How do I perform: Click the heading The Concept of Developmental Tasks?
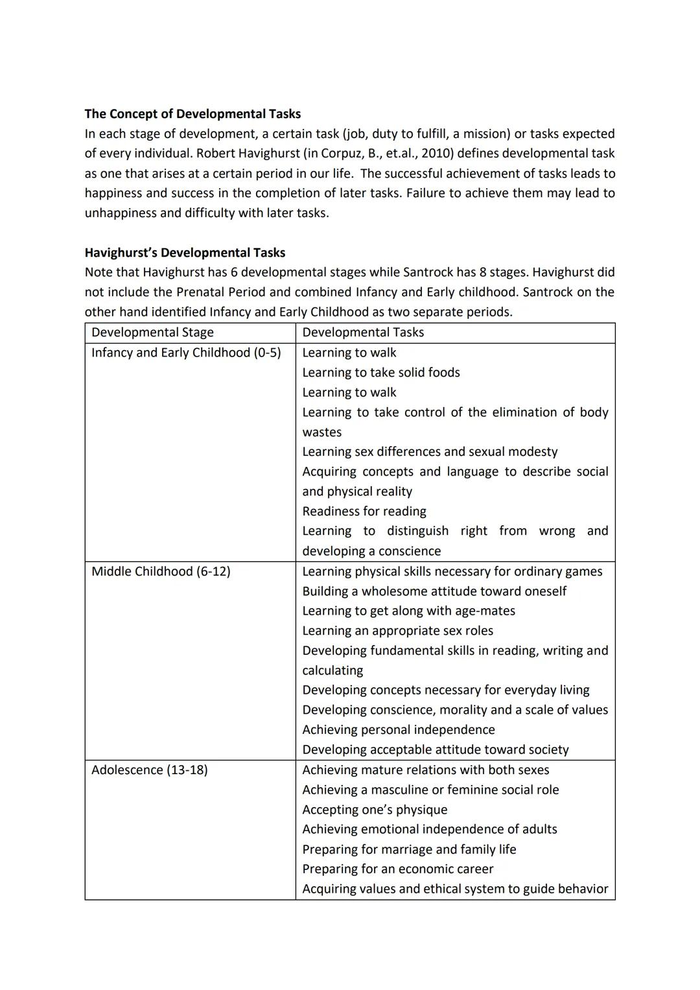[192, 114]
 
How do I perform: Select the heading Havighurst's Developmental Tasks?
[185, 253]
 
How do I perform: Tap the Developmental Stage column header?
[152, 333]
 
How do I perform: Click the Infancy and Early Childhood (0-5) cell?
[186, 353]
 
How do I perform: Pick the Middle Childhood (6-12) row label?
[161, 571]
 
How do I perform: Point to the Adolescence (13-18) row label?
[149, 770]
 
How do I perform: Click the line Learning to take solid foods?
[381, 373]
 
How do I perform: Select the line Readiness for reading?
[364, 512]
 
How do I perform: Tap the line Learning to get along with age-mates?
[408, 611]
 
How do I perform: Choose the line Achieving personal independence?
[399, 730]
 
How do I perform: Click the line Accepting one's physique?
[375, 810]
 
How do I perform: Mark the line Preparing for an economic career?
[397, 869]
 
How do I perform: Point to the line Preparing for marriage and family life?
[409, 849]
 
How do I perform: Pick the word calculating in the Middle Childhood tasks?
[332, 670]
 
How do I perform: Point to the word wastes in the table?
[321, 432]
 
